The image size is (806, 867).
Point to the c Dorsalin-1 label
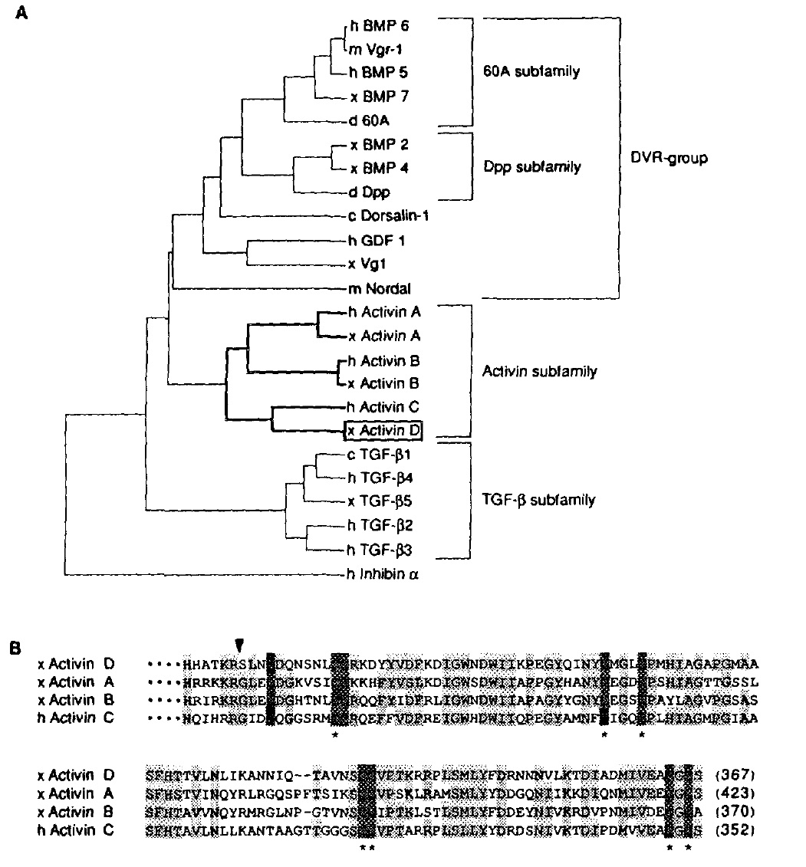[x=387, y=215]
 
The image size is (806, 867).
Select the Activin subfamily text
[x=539, y=371]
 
